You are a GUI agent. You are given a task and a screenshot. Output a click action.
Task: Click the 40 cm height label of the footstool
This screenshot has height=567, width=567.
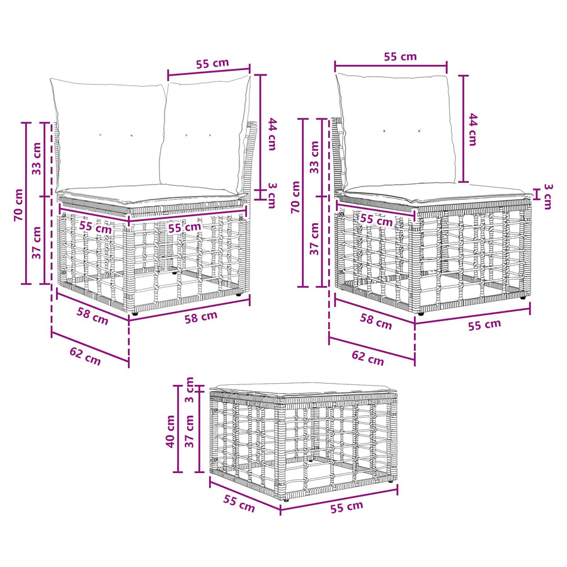point(170,431)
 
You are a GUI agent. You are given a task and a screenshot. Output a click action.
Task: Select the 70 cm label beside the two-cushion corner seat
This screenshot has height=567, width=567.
point(18,205)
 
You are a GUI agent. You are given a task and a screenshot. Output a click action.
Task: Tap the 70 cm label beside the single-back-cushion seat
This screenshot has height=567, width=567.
point(295,197)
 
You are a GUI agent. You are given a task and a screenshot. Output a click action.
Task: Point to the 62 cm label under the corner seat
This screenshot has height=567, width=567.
point(85,356)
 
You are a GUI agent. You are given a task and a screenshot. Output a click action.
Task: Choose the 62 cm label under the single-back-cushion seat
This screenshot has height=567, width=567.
point(368,358)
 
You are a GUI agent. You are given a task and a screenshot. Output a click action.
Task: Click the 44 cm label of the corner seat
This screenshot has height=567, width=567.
point(272,134)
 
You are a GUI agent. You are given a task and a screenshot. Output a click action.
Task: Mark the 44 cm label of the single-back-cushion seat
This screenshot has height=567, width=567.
point(472,129)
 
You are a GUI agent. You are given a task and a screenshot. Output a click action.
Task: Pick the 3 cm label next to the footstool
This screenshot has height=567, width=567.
point(190,390)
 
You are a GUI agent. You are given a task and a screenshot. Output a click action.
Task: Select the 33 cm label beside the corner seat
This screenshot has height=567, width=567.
point(37,159)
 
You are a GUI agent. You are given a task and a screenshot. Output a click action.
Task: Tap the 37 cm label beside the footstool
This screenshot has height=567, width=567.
point(190,431)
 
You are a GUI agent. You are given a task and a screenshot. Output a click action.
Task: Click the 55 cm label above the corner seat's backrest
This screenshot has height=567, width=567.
point(213,63)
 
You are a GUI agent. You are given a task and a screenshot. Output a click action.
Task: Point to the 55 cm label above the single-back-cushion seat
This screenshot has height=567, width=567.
point(400,57)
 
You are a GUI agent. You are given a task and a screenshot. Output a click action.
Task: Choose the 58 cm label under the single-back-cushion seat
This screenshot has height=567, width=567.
point(375,321)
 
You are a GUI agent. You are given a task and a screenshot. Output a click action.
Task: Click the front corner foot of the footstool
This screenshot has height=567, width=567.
point(287,499)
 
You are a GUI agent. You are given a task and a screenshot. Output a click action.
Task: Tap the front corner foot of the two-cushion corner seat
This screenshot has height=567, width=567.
point(135,314)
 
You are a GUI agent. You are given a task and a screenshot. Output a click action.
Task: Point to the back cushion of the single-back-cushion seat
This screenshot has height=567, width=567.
point(396,131)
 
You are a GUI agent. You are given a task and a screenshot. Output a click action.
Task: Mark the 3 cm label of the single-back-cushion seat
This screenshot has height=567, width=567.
point(548,197)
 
